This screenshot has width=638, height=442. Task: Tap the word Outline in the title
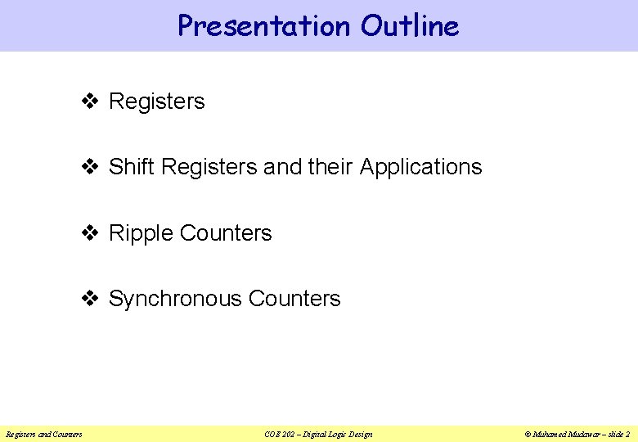pyautogui.click(x=410, y=26)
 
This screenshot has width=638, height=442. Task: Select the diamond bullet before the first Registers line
pyautogui.click(x=91, y=101)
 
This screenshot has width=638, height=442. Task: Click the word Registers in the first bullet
pyautogui.click(x=156, y=102)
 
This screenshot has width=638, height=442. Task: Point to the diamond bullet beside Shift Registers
pyautogui.click(x=91, y=167)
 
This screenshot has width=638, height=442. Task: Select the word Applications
pyautogui.click(x=420, y=168)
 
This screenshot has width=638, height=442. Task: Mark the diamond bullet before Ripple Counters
pyautogui.click(x=91, y=233)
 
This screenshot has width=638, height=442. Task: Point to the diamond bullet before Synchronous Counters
pyautogui.click(x=91, y=299)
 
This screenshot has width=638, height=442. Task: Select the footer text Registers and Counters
pyautogui.click(x=44, y=434)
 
